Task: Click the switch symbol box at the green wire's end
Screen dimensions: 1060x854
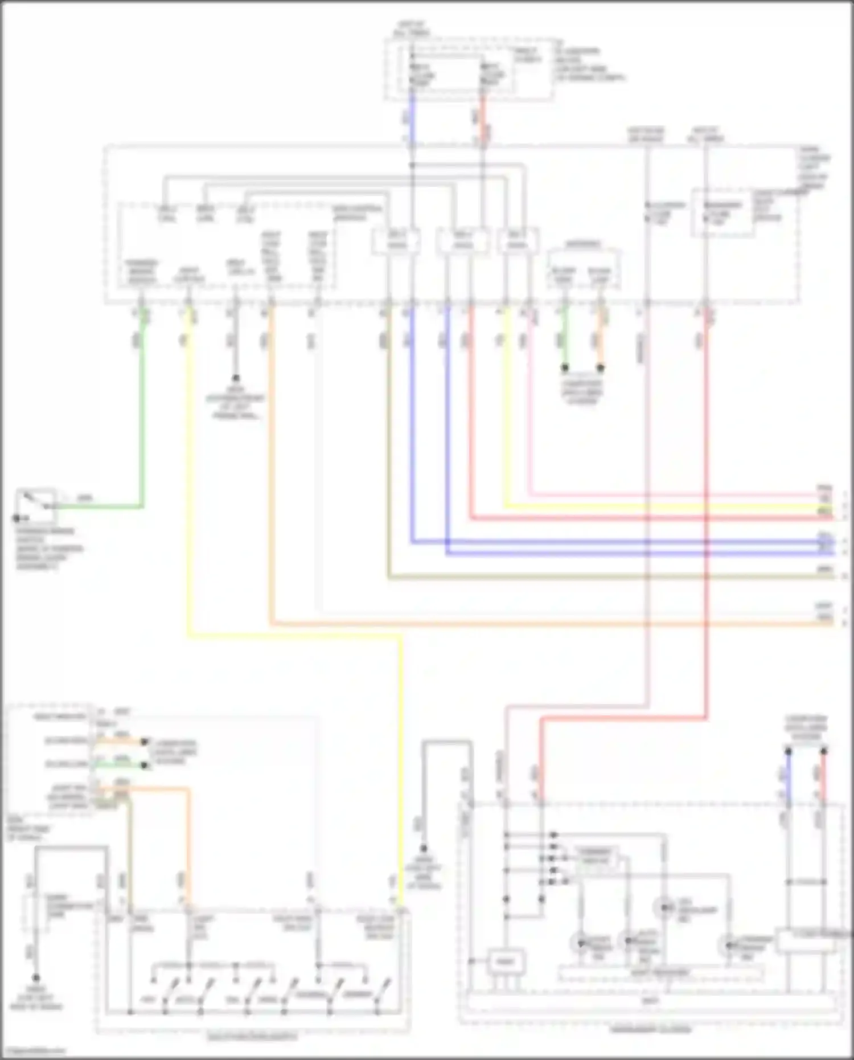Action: (x=36, y=505)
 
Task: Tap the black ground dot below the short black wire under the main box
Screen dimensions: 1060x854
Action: (x=235, y=378)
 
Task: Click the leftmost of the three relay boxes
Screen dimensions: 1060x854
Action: (x=397, y=241)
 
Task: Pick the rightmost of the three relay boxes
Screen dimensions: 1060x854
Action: (x=517, y=241)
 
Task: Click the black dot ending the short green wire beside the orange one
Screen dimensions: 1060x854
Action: (x=565, y=368)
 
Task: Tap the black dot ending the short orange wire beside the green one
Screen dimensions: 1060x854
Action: (x=600, y=368)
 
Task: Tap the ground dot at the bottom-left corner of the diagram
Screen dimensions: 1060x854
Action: (x=36, y=979)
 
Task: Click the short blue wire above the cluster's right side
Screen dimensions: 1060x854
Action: (x=789, y=775)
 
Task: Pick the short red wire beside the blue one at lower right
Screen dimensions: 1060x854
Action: (x=824, y=775)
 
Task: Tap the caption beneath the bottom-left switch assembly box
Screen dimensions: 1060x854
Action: (x=252, y=1038)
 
